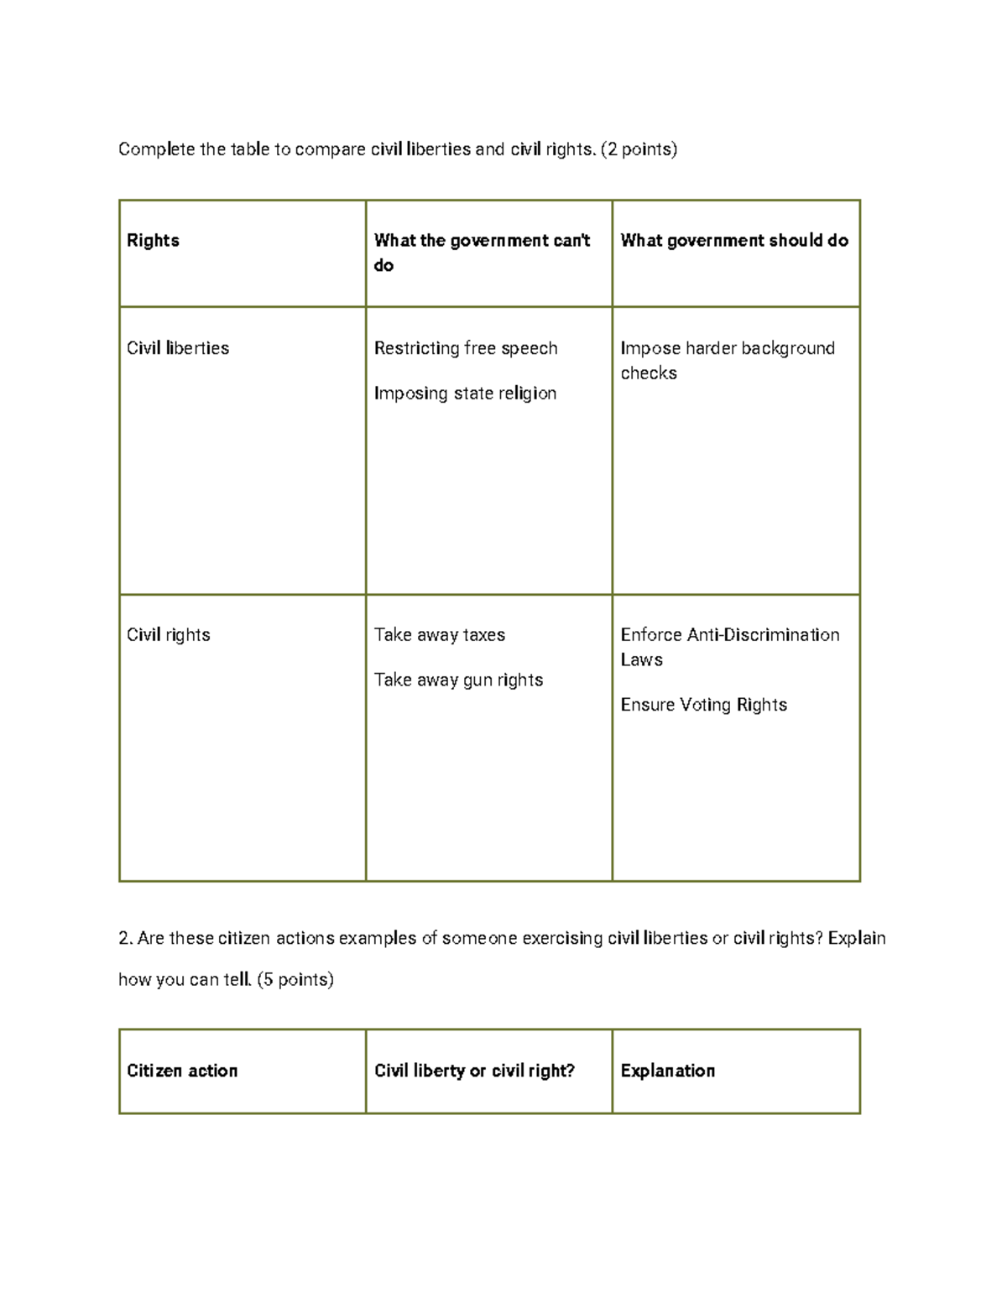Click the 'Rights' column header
point(153,241)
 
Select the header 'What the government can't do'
point(482,253)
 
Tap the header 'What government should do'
point(734,241)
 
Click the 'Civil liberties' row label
point(178,348)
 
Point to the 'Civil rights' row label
point(168,635)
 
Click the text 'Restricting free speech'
point(466,348)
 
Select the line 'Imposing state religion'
point(465,394)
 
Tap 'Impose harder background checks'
point(727,361)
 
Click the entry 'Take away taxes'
point(440,635)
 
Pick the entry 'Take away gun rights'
point(458,680)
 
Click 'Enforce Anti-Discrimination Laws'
point(729,647)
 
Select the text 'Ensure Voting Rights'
point(703,705)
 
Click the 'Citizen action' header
point(182,1071)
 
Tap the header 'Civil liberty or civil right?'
point(474,1071)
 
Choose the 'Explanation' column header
point(668,1071)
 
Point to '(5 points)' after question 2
point(295,979)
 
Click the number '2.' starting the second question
point(126,938)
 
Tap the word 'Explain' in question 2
point(857,938)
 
